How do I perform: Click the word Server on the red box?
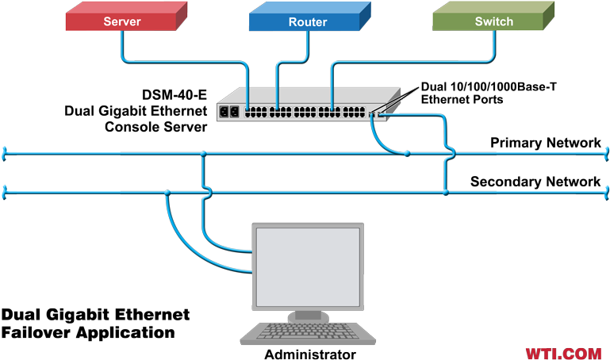(121, 21)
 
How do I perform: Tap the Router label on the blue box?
(308, 21)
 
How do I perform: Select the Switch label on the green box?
(493, 21)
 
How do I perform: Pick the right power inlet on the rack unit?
(236, 111)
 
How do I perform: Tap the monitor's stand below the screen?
(307, 316)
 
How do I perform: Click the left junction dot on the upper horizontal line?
(204, 153)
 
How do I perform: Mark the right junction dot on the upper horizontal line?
(406, 153)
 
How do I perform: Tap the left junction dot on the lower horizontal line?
(168, 192)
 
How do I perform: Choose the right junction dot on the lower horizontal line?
(445, 192)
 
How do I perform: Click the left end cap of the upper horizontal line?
(5, 153)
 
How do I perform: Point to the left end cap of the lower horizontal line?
(5, 192)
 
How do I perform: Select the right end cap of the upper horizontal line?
(606, 153)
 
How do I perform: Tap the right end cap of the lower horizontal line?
(606, 192)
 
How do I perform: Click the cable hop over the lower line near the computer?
(206, 192)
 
